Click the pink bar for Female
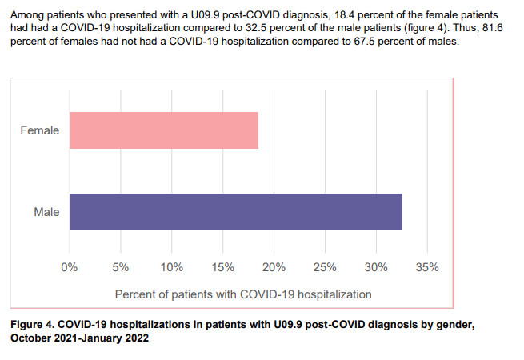coord(164,130)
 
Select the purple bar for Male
coord(236,212)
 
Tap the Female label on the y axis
coord(39,130)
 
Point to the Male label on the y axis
coord(46,213)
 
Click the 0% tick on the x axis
coord(70,266)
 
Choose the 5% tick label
coord(121,266)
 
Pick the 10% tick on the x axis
coord(172,266)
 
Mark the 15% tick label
coord(223,266)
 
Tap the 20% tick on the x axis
coord(274,266)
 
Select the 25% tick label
coord(326,266)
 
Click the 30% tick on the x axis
coord(377,266)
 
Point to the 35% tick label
coord(428,266)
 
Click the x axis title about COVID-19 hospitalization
coord(243,294)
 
